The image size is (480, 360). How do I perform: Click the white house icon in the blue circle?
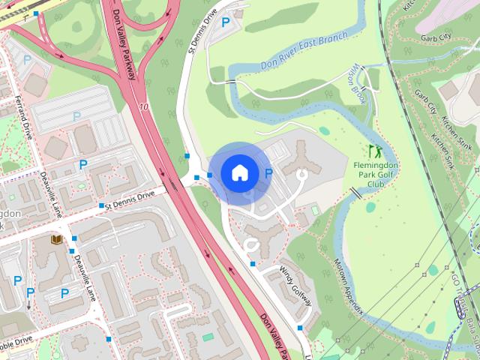[239, 172]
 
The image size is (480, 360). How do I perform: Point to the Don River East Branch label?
[304, 51]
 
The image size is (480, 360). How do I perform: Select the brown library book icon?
[56, 240]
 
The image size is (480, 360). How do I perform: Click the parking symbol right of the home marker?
[268, 173]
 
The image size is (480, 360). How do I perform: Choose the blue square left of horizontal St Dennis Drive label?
[100, 205]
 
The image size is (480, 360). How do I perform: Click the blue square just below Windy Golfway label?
[299, 328]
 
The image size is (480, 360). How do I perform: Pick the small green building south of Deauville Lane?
[207, 337]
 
